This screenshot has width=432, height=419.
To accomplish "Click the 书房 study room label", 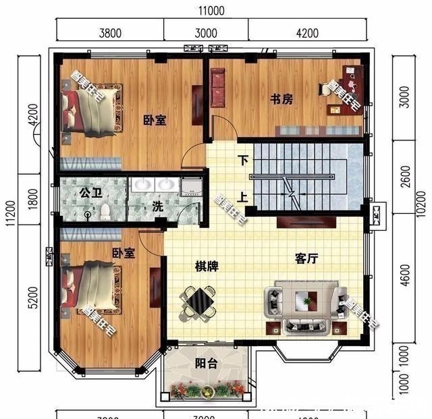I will coord(281,99).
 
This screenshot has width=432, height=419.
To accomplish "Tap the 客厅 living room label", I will coord(307,258).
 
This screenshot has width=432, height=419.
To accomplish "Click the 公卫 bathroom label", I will coord(90,193).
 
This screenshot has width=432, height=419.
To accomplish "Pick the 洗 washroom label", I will coord(157,207).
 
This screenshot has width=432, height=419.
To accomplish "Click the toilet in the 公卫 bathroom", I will coord(105,211).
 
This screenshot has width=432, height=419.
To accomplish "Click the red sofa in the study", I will coord(218,88).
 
